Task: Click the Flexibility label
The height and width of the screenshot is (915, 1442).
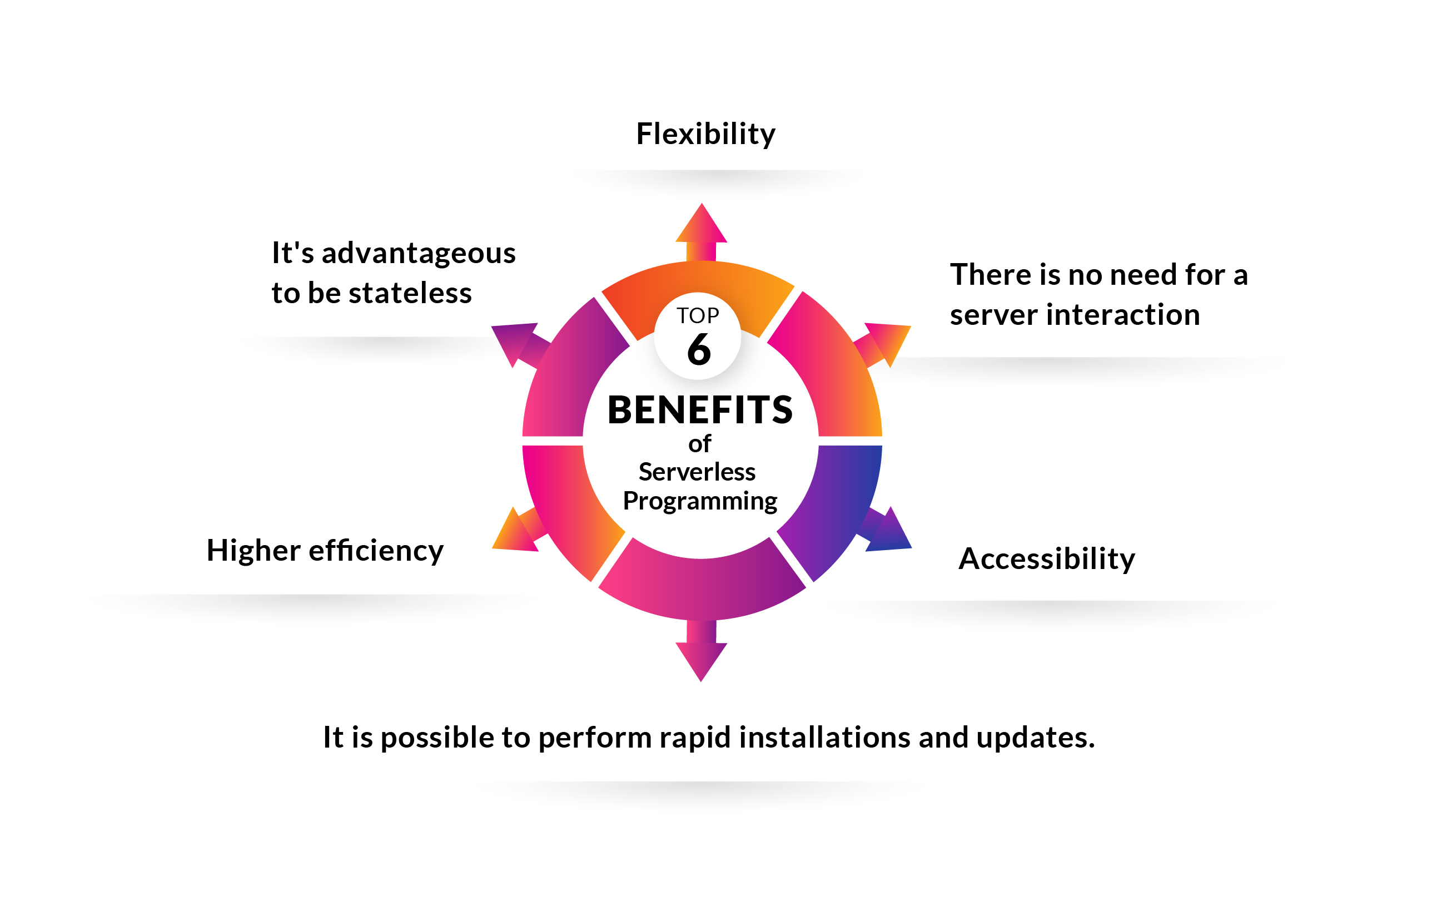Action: coord(705,133)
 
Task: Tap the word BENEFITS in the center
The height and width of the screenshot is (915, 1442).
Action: coord(700,410)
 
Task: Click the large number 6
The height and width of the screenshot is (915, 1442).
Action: coord(699,349)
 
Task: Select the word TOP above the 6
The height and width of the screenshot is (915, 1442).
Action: coord(698,316)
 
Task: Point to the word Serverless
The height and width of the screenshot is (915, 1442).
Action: coord(697,472)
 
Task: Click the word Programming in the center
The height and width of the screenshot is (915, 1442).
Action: coord(700,501)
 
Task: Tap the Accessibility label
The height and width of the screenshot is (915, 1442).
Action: coord(1046,559)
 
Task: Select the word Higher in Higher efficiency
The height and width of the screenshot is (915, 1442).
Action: coord(253,551)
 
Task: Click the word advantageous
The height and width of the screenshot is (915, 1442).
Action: coord(419,253)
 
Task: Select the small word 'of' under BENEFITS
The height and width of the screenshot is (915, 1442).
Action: coord(699,444)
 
